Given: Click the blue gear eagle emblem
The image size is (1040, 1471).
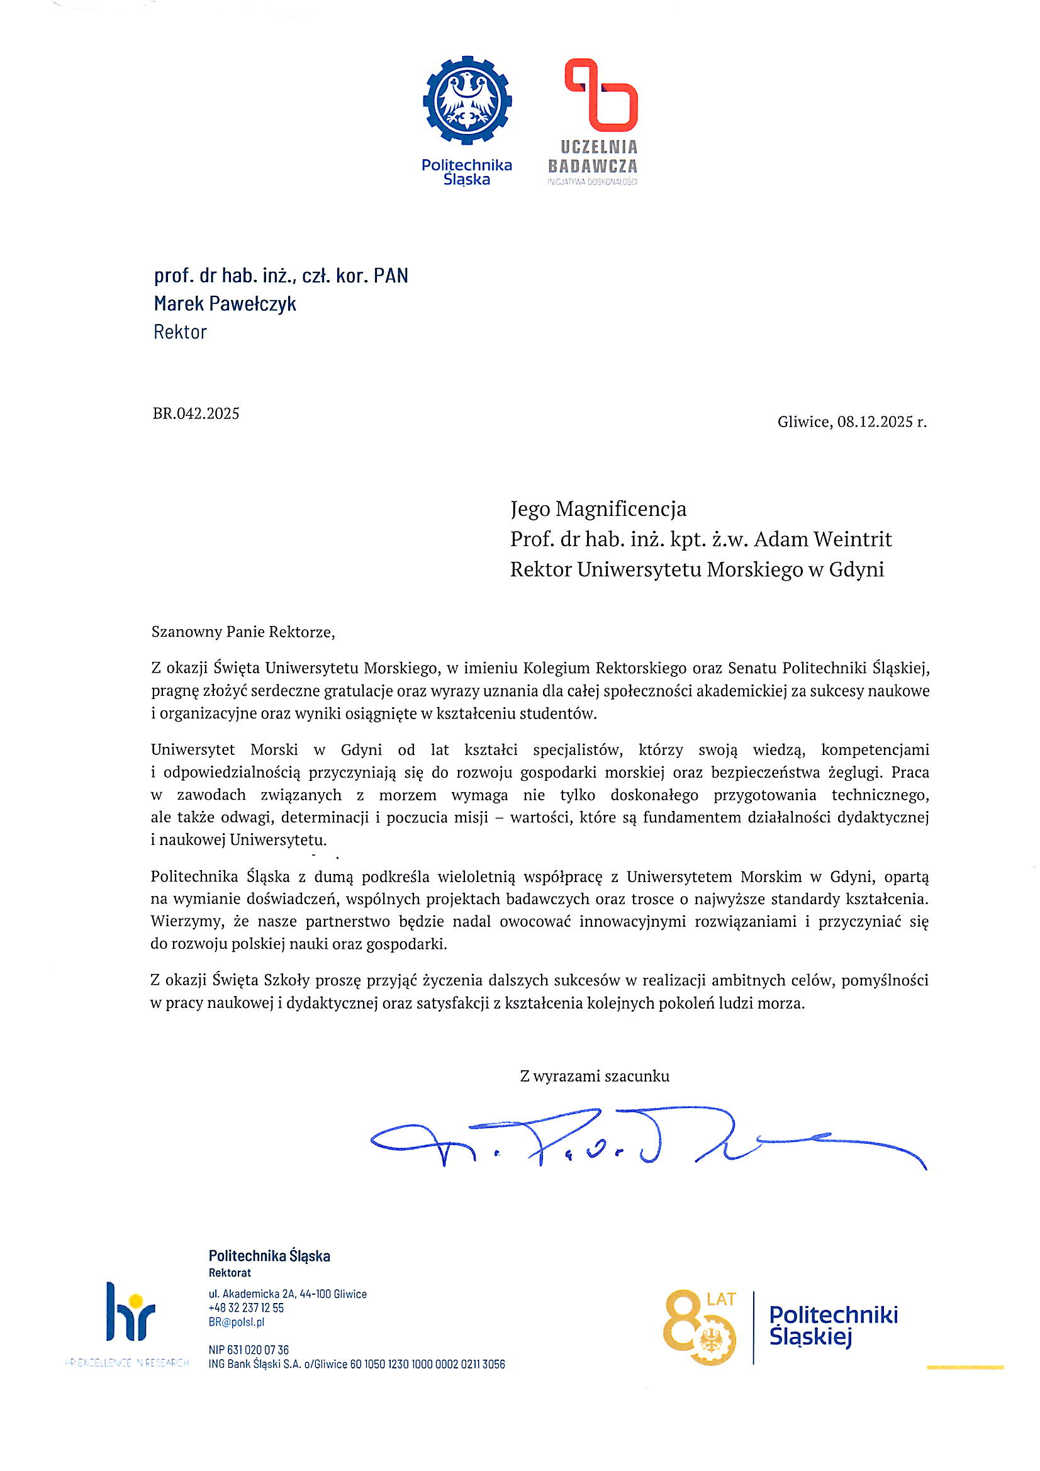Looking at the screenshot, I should pyautogui.click(x=467, y=100).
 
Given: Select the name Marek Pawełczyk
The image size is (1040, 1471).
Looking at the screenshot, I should pyautogui.click(x=225, y=303).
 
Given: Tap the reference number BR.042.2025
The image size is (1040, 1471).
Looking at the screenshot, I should pyautogui.click(x=196, y=413).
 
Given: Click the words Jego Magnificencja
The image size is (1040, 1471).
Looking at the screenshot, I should pyautogui.click(x=598, y=509).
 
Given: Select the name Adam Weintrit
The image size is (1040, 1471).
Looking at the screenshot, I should pyautogui.click(x=823, y=539).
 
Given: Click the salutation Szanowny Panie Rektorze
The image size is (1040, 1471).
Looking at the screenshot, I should pyautogui.click(x=243, y=632).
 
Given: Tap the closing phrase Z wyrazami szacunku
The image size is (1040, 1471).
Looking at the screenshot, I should pyautogui.click(x=595, y=1076).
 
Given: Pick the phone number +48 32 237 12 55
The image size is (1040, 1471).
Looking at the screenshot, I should pyautogui.click(x=246, y=1307).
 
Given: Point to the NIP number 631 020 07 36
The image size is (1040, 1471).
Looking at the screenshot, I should pyautogui.click(x=257, y=1350).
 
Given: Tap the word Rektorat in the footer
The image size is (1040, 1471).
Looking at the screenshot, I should pyautogui.click(x=230, y=1272).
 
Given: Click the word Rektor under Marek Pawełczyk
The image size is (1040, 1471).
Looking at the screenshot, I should pyautogui.click(x=180, y=332).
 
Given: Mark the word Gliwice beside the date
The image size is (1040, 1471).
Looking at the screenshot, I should pyautogui.click(x=804, y=422).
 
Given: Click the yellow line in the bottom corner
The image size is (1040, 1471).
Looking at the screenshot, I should pyautogui.click(x=965, y=1367).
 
